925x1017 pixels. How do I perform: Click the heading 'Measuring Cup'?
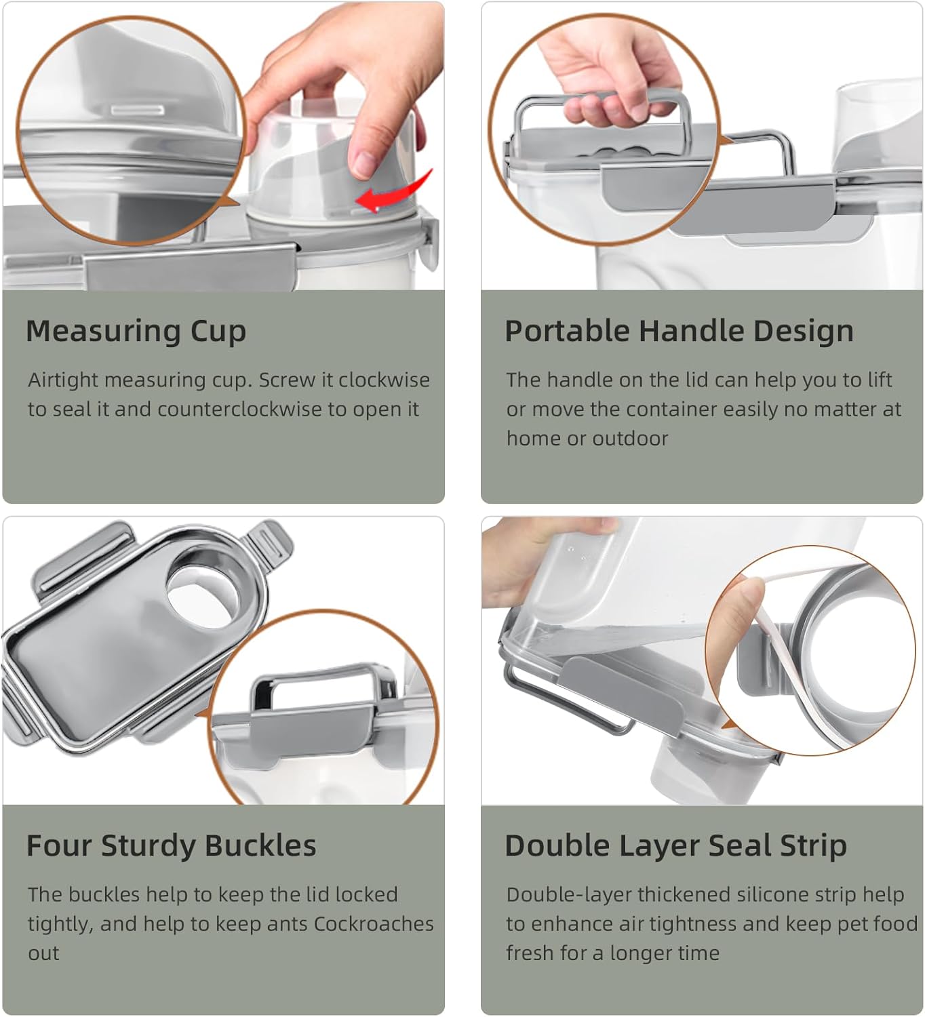(136, 332)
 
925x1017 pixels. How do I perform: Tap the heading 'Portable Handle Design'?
(679, 332)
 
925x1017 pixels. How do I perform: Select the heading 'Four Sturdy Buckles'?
(171, 846)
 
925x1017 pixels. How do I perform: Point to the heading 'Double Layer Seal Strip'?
(675, 846)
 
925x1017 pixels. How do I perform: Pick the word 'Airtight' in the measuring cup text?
(63, 380)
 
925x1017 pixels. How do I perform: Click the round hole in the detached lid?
(203, 589)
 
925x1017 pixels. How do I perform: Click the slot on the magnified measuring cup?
(138, 109)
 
